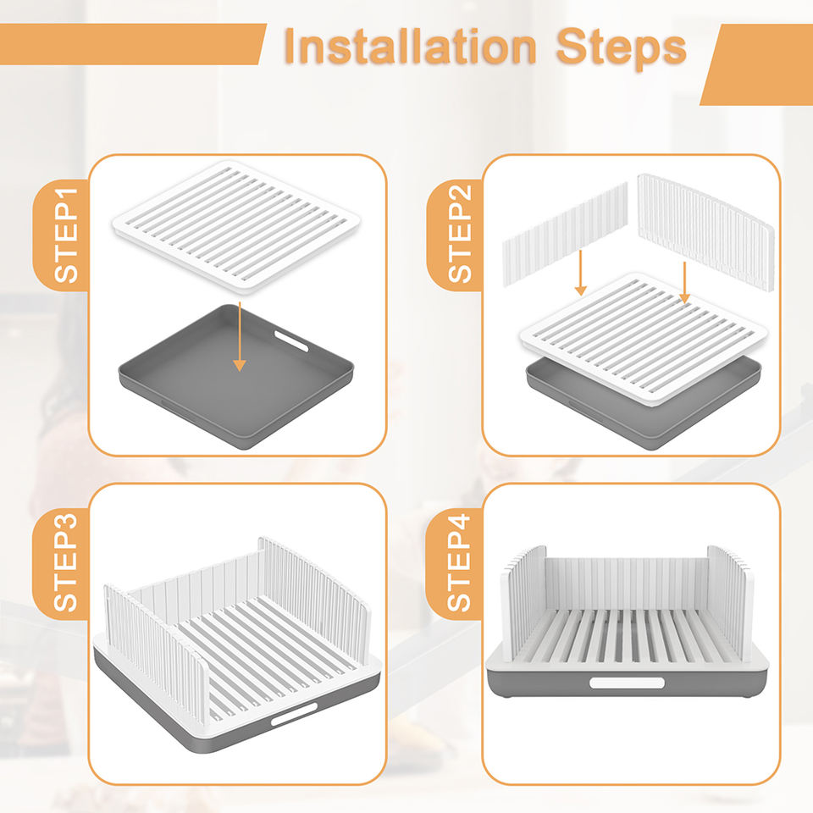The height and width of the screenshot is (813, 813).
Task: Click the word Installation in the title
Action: pyautogui.click(x=410, y=47)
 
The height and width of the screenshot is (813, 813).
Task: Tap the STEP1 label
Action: pyautogui.click(x=66, y=235)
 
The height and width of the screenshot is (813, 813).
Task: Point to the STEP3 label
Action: pyautogui.click(x=66, y=562)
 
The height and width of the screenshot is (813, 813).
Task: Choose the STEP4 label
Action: pyautogui.click(x=459, y=562)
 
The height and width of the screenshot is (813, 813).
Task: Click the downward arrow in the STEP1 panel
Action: pyautogui.click(x=239, y=336)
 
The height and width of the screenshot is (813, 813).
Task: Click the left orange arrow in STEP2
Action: pyautogui.click(x=581, y=273)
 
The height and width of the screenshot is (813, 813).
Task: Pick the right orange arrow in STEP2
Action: pyautogui.click(x=684, y=283)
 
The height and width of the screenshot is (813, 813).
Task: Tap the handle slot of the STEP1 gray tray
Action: pyautogui.click(x=291, y=340)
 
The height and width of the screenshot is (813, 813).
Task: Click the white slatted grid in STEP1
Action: pyautogui.click(x=236, y=226)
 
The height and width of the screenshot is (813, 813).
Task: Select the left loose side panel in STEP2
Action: pyautogui.click(x=565, y=234)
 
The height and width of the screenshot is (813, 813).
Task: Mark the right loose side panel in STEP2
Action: pyautogui.click(x=705, y=232)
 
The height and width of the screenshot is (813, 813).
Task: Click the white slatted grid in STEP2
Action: pyautogui.click(x=644, y=339)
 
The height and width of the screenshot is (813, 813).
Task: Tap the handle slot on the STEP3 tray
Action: pyautogui.click(x=294, y=714)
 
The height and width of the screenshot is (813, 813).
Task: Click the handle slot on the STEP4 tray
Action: pyautogui.click(x=627, y=683)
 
